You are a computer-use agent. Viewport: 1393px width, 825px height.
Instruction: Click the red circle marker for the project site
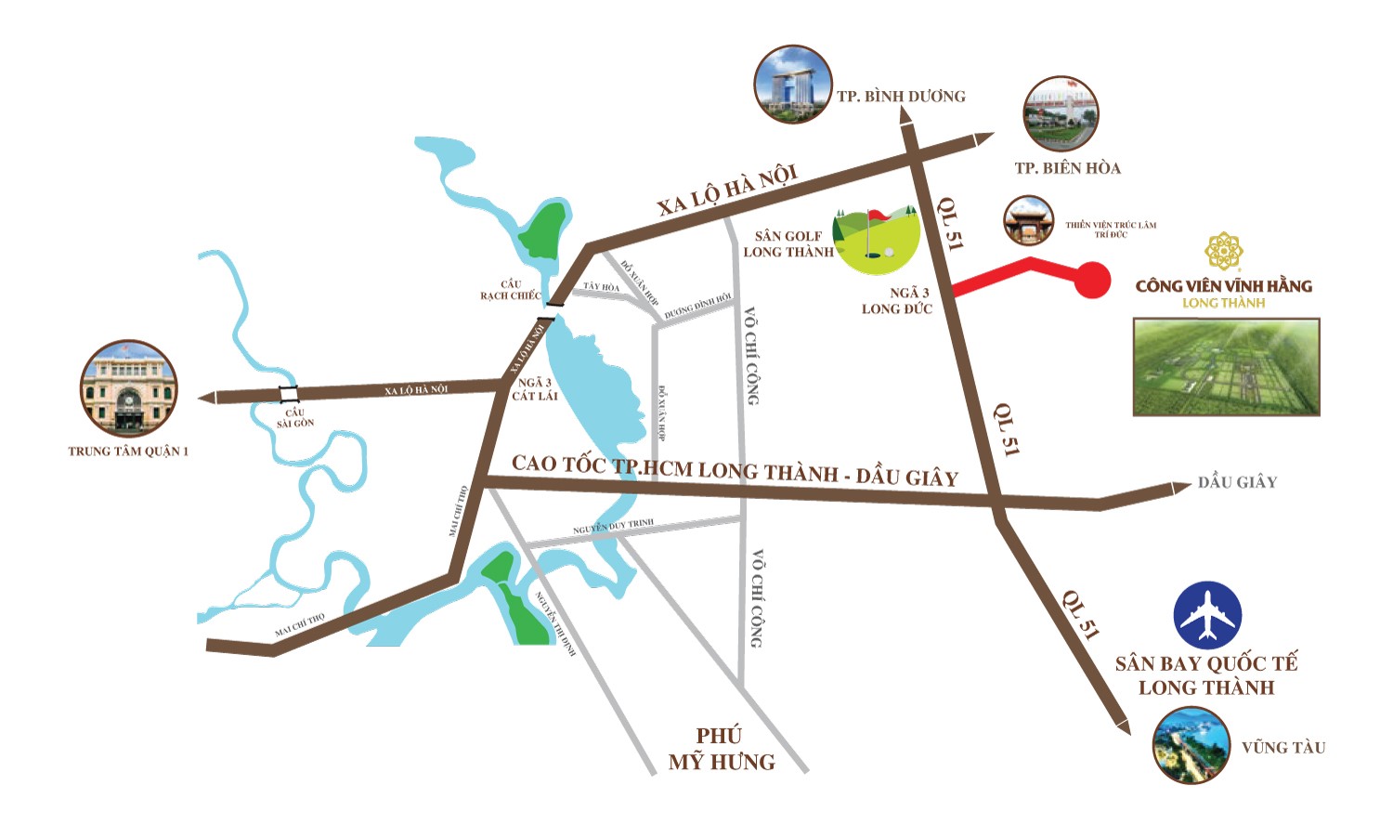[1092, 280]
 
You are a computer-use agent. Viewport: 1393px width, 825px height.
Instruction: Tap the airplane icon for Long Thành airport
[1207, 616]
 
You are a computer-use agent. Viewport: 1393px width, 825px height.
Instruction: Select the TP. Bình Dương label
[901, 97]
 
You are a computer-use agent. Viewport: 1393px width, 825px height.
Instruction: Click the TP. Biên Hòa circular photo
[1061, 114]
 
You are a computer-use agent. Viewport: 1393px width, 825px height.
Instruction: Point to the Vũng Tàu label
[1282, 748]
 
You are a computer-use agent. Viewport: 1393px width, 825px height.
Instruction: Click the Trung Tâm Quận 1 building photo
[128, 388]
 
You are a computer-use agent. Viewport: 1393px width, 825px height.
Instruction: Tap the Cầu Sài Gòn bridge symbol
[289, 394]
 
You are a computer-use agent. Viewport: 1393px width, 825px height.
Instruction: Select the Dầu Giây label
[1237, 482]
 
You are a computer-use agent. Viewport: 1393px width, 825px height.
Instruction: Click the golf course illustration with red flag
[878, 240]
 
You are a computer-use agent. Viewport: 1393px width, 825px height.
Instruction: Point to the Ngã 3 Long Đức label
[896, 301]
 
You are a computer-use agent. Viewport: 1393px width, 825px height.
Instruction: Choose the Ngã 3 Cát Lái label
[535, 389]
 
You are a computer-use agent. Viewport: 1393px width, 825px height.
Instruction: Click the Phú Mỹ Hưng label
[721, 749]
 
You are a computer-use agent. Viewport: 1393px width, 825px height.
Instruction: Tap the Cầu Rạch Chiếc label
[510, 290]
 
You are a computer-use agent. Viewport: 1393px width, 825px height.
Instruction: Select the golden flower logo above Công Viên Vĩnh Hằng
[1224, 251]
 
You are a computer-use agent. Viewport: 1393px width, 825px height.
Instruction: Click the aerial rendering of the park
[1226, 367]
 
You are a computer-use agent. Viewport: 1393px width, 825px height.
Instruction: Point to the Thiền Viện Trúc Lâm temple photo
[1028, 221]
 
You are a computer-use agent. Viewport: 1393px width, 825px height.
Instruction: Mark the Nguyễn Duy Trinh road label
[613, 527]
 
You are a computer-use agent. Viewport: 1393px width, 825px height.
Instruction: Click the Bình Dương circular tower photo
[793, 85]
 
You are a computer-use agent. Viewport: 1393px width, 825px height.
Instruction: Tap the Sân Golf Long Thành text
[788, 244]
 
